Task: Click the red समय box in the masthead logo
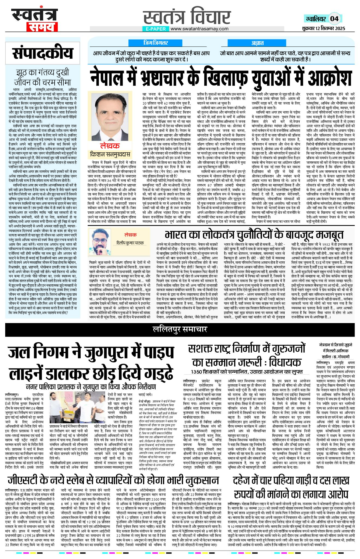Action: pyautogui.click(x=42, y=27)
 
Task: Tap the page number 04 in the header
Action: pyautogui.click(x=334, y=19)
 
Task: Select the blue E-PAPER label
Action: pyautogui.click(x=156, y=29)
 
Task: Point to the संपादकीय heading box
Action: pyautogui.click(x=43, y=54)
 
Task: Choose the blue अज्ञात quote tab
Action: pyautogui.click(x=257, y=43)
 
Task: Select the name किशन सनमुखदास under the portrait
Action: pyautogui.click(x=110, y=154)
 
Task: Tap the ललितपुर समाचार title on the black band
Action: pyautogui.click(x=180, y=329)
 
